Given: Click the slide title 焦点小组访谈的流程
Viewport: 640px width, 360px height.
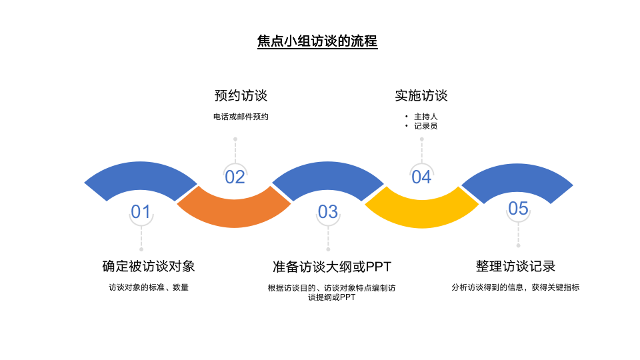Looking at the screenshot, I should pyautogui.click(x=317, y=41).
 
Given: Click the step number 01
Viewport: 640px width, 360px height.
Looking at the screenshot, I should pyautogui.click(x=141, y=212).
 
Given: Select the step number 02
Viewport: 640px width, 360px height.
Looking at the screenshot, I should pyautogui.click(x=235, y=177).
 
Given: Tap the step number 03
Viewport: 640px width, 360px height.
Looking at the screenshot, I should pyautogui.click(x=328, y=212).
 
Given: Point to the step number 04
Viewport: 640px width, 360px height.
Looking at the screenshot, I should pyautogui.click(x=421, y=177).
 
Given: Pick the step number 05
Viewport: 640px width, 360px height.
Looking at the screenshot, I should pyautogui.click(x=518, y=209).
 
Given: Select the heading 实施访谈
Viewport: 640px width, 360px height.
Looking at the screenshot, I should pyautogui.click(x=421, y=96).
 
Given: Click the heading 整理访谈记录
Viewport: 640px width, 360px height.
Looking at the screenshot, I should pyautogui.click(x=516, y=267).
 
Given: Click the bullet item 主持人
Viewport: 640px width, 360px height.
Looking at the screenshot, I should pyautogui.click(x=425, y=117).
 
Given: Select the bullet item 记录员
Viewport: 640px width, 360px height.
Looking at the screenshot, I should pyautogui.click(x=425, y=125).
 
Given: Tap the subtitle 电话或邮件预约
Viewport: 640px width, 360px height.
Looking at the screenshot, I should pyautogui.click(x=241, y=117).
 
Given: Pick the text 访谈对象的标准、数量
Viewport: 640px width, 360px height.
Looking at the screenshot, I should pyautogui.click(x=149, y=288).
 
